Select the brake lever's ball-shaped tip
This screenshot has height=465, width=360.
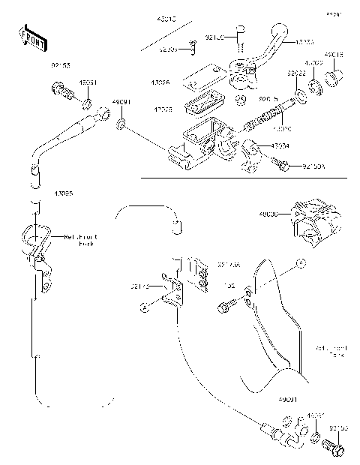pos(280,33)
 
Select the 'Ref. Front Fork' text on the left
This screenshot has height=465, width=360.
pos(81,240)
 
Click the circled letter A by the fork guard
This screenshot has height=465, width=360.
pos(299,262)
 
